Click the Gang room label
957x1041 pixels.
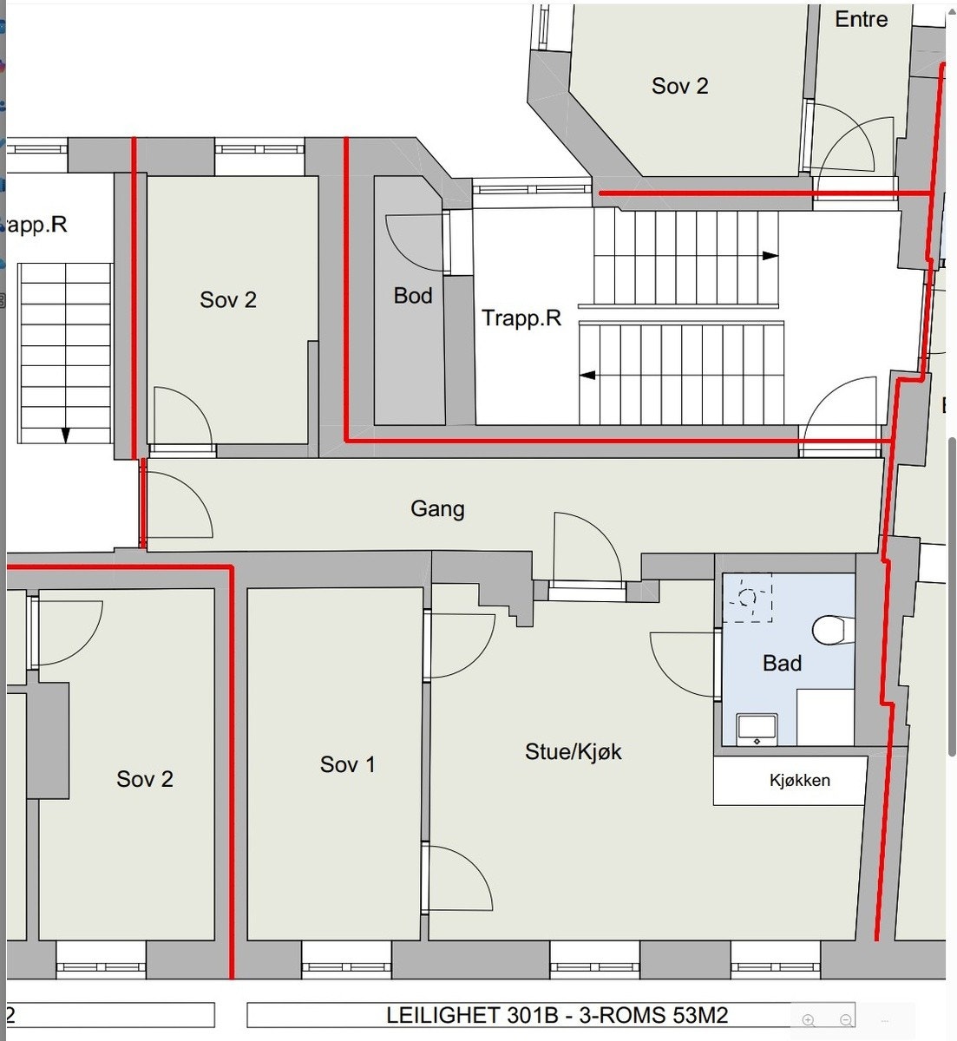[x=437, y=508]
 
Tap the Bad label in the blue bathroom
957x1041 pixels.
[x=782, y=664]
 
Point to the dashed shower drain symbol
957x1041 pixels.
[x=747, y=597]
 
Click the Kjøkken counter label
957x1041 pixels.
[x=799, y=781]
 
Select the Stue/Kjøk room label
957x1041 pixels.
[x=573, y=751]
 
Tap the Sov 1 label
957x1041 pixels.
[x=347, y=764]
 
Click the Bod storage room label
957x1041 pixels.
[x=413, y=296]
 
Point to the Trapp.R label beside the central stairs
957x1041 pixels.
[x=521, y=318]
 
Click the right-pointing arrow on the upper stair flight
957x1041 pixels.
[x=770, y=256]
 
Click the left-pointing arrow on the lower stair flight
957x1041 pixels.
[x=588, y=376]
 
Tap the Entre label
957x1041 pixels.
[x=861, y=19]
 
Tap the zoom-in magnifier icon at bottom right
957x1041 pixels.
[x=809, y=1020]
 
